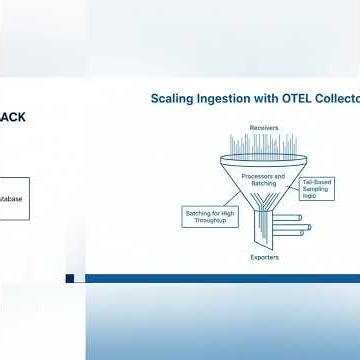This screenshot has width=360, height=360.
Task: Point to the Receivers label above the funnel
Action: coord(264,127)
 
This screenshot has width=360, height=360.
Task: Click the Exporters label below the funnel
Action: coord(264,257)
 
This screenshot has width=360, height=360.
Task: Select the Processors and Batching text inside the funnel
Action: coord(264,178)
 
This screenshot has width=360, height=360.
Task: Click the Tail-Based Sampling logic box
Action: coord(317,189)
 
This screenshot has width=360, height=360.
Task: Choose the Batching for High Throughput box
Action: coord(210,217)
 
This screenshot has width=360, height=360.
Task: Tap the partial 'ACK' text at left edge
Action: coord(13,117)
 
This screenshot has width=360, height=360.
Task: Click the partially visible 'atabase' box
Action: coord(14,199)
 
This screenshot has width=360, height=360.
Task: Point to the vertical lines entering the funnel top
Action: coord(264,146)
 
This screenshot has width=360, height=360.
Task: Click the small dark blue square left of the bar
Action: coord(70,278)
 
